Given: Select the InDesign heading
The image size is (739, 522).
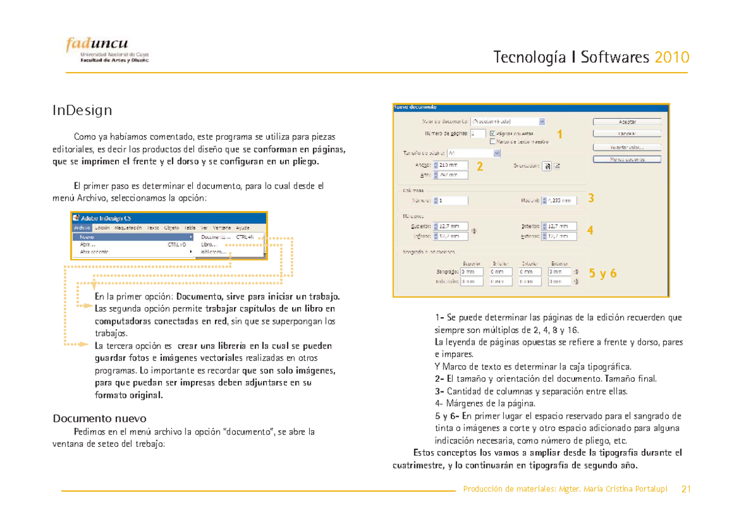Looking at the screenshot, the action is (82, 111).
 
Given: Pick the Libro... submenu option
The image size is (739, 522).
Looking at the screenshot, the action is (209, 244).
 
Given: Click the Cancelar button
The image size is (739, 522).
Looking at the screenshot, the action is (627, 134).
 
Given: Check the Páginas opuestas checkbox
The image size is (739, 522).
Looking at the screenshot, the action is (491, 133).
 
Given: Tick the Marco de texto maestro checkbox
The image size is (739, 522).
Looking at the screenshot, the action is (491, 141).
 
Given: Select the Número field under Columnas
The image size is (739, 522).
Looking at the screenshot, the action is (452, 200).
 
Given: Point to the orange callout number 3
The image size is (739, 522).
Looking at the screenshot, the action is (591, 198).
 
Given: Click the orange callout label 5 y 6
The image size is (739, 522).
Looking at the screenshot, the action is (603, 274).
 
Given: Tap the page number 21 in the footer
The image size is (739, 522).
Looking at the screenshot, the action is (686, 490).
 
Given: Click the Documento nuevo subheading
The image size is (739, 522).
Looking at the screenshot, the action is (99, 419).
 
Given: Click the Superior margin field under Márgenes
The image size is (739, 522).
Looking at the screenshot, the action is (452, 227).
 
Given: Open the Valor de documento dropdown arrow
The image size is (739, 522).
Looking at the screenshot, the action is (541, 121).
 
